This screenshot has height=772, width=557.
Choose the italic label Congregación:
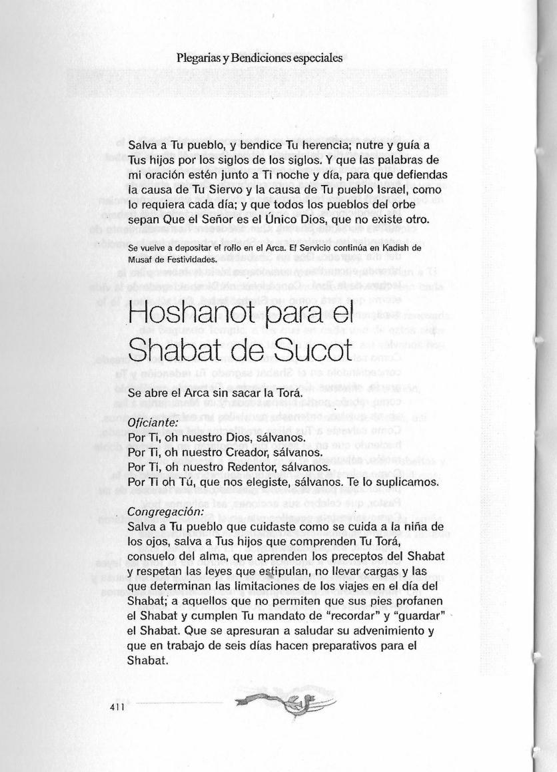pyautogui.click(x=165, y=512)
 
